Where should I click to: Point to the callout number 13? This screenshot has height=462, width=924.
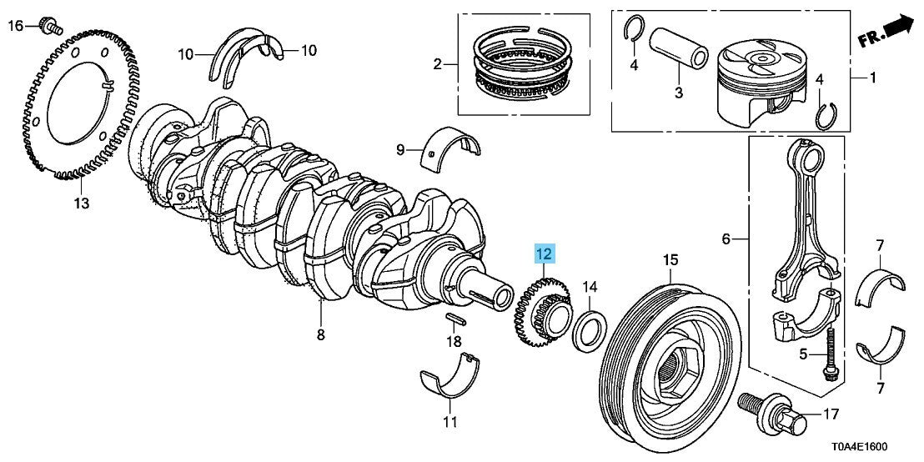pos(80,203)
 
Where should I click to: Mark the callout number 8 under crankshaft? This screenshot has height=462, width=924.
pos(320,335)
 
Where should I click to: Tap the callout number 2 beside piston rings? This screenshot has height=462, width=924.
pos(436,63)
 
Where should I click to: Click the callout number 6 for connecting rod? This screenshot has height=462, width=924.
pos(725,239)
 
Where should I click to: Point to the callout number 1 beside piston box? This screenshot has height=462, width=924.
pos(873,79)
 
